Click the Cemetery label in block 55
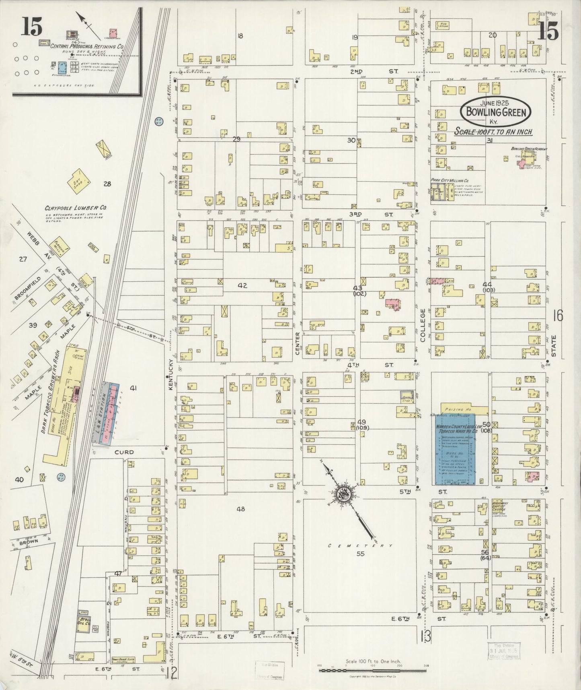(359, 545)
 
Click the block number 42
(242, 285)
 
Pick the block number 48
(240, 509)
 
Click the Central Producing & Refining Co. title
(87, 47)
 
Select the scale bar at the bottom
(372, 671)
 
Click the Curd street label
(123, 452)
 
